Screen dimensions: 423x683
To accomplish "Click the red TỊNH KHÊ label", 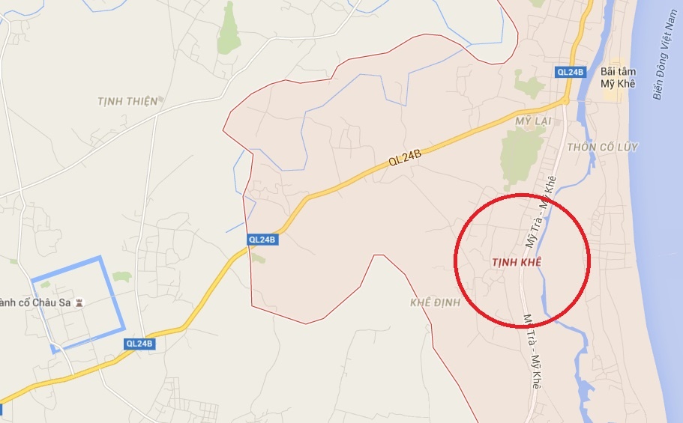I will coord(515,262).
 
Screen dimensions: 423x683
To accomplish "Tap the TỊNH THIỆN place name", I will coord(128,101).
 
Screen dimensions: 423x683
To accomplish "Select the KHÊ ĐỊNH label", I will coord(434,303).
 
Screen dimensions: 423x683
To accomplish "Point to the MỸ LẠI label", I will coord(533,121).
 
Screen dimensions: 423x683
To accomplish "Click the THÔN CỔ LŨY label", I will coord(603,147).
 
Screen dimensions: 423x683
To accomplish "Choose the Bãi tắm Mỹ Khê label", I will coord(619,78).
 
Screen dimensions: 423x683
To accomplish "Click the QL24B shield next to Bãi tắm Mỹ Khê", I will coord(570,72).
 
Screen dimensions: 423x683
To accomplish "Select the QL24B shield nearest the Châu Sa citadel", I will coord(139,344).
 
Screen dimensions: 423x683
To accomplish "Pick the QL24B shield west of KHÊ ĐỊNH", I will coord(262,240).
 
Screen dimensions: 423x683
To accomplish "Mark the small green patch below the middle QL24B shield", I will coord(258,258).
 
